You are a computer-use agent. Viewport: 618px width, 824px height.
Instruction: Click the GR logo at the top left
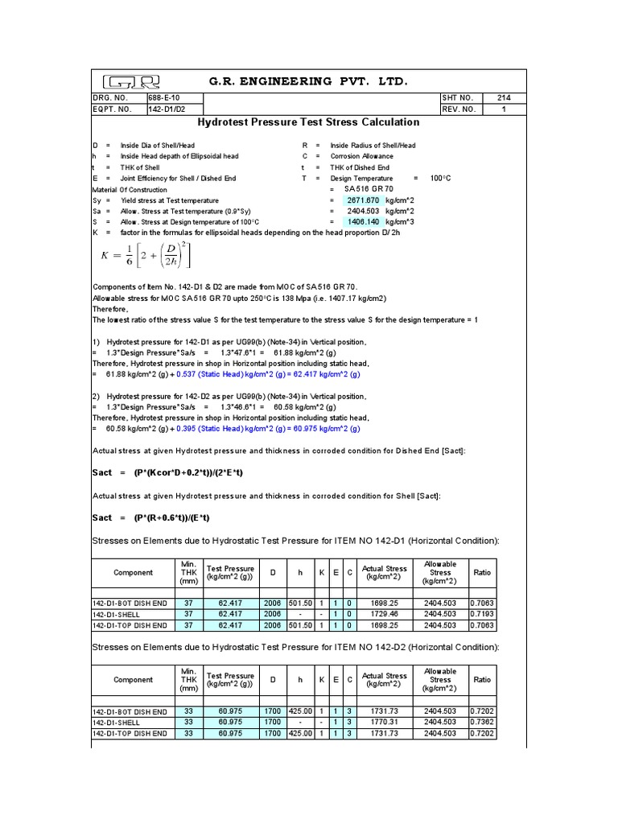132,81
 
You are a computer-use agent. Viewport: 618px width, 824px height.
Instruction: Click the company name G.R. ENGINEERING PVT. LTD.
309,81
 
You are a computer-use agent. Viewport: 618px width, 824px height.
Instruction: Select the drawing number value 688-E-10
163,98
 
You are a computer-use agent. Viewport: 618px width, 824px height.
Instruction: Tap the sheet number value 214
504,98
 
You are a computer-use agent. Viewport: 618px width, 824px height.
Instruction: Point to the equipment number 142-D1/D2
167,109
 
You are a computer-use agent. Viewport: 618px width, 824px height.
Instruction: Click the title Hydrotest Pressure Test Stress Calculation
309,122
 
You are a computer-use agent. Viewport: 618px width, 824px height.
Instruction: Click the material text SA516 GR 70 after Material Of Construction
362,188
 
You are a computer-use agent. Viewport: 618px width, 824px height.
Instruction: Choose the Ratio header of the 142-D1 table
482,572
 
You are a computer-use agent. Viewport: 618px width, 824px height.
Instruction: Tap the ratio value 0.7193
482,613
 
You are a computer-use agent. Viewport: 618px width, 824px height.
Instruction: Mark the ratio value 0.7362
482,723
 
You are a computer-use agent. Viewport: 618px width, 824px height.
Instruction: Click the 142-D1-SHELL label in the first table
117,613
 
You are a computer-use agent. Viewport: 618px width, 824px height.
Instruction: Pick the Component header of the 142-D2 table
133,680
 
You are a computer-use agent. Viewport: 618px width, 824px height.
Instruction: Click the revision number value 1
504,109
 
